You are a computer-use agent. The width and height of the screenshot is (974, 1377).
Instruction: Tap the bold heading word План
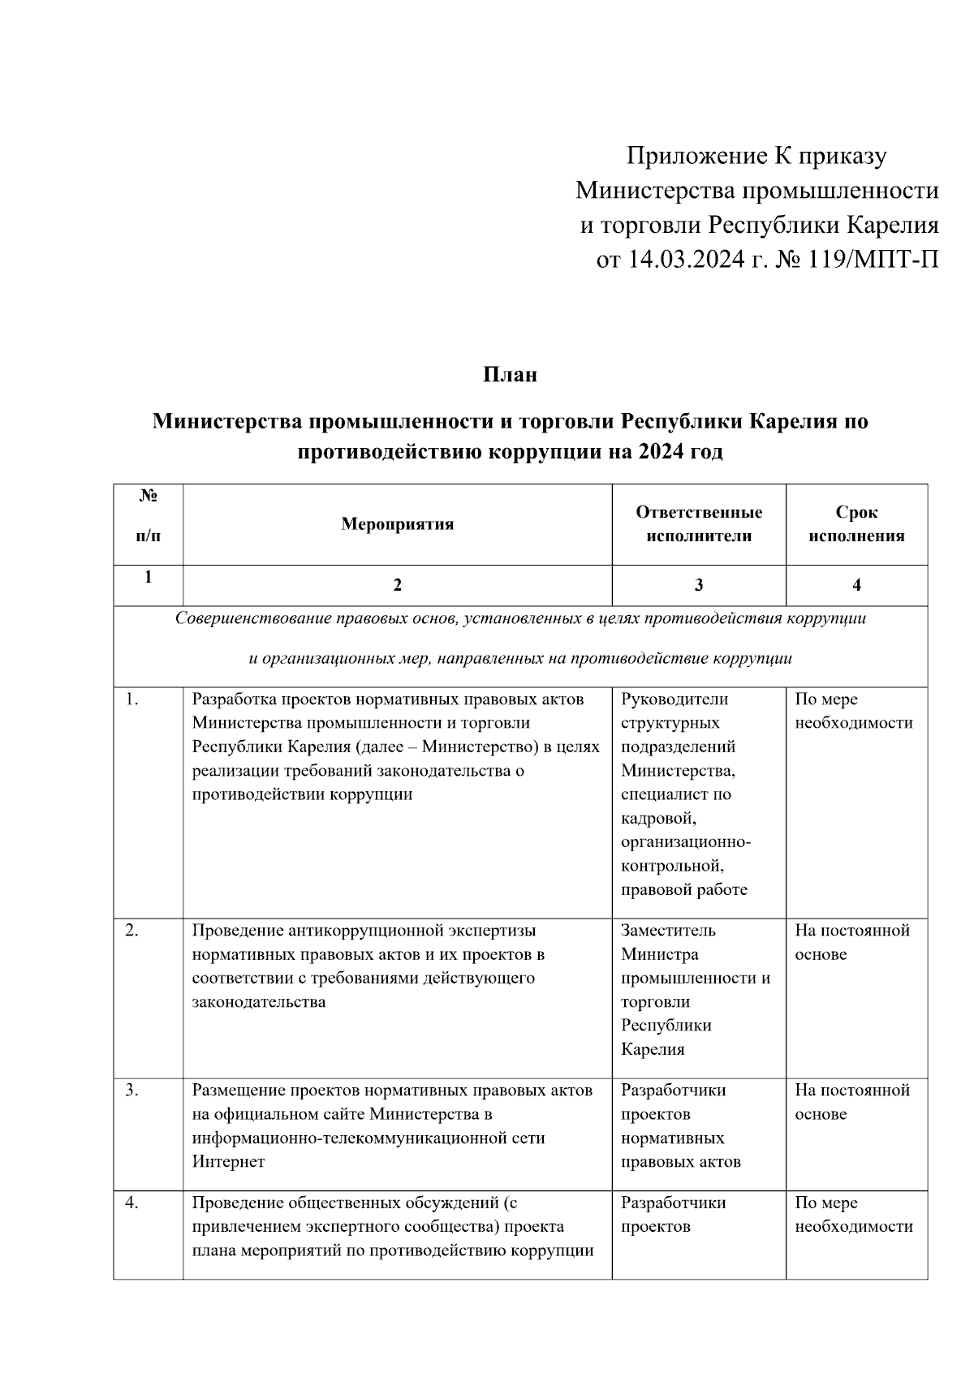click(511, 375)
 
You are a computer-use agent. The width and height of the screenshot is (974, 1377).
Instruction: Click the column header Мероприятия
click(397, 524)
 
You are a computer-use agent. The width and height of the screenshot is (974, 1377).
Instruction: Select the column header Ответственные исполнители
click(699, 524)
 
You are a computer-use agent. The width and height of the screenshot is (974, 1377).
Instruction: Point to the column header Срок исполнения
click(856, 524)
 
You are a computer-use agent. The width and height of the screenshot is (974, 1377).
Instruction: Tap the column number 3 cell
click(699, 585)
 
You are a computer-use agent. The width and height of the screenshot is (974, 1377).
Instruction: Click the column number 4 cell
click(856, 585)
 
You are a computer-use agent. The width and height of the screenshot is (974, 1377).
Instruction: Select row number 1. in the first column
click(131, 699)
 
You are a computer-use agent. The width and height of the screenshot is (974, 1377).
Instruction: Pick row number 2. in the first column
click(131, 931)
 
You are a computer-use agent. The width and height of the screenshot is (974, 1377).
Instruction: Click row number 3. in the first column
click(131, 1091)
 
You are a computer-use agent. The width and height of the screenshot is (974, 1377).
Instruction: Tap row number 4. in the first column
click(131, 1203)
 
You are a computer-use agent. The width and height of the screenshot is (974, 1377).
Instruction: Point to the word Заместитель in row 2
click(668, 931)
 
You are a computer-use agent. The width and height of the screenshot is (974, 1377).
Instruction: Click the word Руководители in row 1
click(674, 699)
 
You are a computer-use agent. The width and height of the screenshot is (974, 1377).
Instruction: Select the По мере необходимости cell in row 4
click(853, 1215)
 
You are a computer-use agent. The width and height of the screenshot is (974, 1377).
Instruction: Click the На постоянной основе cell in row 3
click(851, 1102)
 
